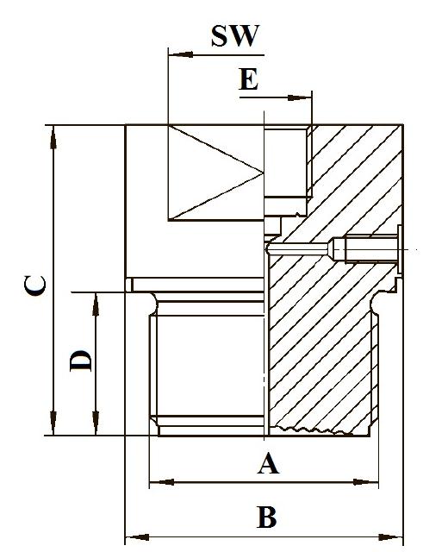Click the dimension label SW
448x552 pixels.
235,36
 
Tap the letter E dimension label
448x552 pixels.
249,79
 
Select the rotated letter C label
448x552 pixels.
34,285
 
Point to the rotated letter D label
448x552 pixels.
80,361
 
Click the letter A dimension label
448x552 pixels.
268,463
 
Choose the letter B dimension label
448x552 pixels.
266,517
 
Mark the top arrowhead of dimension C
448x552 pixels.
53,138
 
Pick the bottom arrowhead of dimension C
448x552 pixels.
53,423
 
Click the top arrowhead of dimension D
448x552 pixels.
96,304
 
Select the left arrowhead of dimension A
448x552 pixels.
162,482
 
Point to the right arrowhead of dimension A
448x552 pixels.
366,482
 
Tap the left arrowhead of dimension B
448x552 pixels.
138,537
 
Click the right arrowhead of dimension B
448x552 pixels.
390,537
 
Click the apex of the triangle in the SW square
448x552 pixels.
263,172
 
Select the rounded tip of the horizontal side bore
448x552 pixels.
268,249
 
